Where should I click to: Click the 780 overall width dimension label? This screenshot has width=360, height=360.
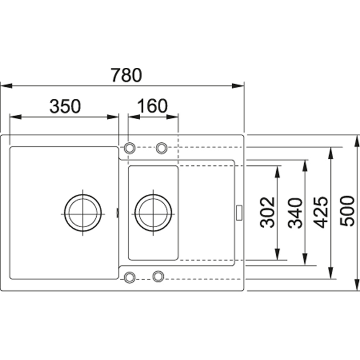point(126,75)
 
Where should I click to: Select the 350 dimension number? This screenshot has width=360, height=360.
point(65,107)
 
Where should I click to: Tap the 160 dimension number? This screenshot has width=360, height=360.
point(152,107)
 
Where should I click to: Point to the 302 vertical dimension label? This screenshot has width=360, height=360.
point(268,212)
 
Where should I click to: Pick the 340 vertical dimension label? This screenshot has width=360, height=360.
point(296,213)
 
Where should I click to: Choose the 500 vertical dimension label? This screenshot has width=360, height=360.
point(348,212)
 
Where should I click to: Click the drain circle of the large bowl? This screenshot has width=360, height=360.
point(83,213)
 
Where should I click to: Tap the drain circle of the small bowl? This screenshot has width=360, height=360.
point(153,213)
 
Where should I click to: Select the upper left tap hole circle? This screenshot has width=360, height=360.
point(129,147)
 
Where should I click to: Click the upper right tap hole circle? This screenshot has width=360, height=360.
point(161,147)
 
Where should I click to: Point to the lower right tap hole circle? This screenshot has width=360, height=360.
point(158,276)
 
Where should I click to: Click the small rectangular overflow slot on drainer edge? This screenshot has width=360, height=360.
point(239,212)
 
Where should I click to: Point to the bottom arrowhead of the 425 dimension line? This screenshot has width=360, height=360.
point(331,274)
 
